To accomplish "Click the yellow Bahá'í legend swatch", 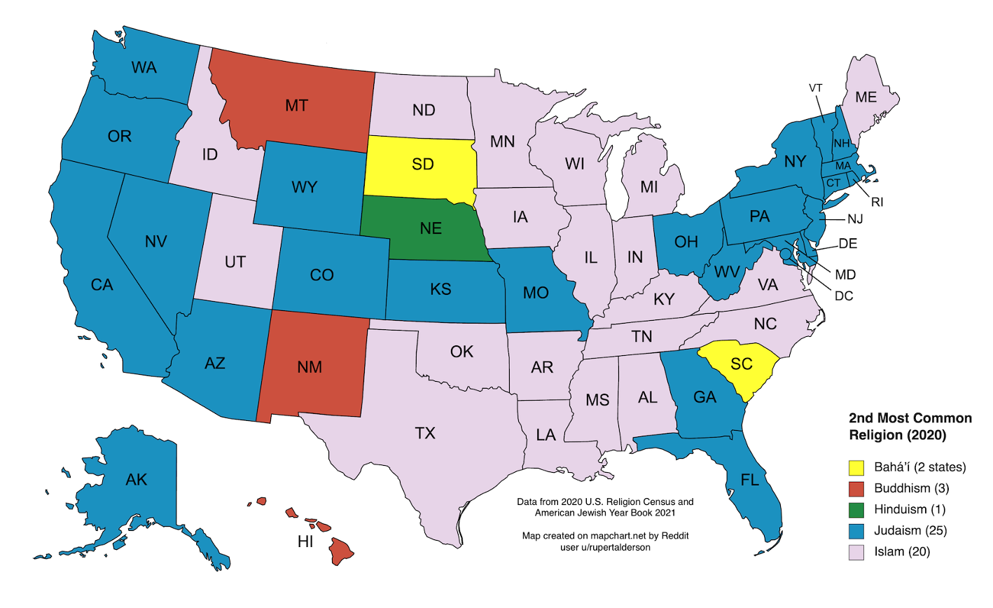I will pyautogui.click(x=856, y=467).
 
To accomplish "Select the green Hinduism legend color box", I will pyautogui.click(x=856, y=509).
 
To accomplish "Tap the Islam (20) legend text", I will pyautogui.click(x=902, y=551).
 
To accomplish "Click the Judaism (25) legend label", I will pyautogui.click(x=910, y=530).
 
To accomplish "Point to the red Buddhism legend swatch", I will pyautogui.click(x=856, y=488).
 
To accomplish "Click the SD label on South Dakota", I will pyautogui.click(x=422, y=164).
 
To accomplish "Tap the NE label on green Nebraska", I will pyautogui.click(x=431, y=228).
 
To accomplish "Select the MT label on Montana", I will pyautogui.click(x=296, y=106).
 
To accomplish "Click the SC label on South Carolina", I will pyautogui.click(x=741, y=364).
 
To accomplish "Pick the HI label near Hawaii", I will pyautogui.click(x=305, y=541).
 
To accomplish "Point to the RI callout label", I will pyautogui.click(x=877, y=202).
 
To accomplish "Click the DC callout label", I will pyautogui.click(x=844, y=296).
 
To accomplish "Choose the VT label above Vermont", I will pyautogui.click(x=815, y=88).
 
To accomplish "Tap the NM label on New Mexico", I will pyautogui.click(x=310, y=367).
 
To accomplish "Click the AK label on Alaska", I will pyautogui.click(x=137, y=479).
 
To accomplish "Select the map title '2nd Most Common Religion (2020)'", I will pyautogui.click(x=910, y=426).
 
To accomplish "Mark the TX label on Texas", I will pyautogui.click(x=425, y=433).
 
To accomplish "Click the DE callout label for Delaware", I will pyautogui.click(x=847, y=244).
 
